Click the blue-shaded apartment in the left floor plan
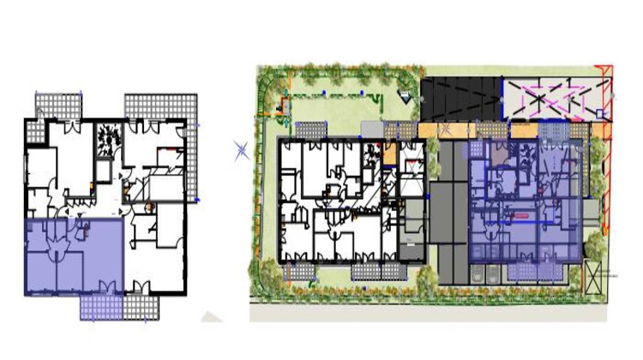73,256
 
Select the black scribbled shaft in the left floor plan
108,137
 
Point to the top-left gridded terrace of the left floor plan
58,105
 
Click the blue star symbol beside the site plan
242,152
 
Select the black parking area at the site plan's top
460,97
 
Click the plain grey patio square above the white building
369,128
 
